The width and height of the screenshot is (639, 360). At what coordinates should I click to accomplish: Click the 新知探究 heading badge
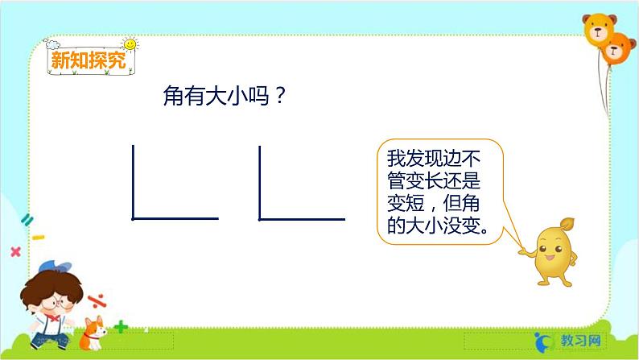pyautogui.click(x=88, y=61)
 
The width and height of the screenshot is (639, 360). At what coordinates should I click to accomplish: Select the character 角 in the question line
pyautogui.click(x=173, y=97)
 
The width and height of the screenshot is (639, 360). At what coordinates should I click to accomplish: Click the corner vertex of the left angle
pyautogui.click(x=134, y=217)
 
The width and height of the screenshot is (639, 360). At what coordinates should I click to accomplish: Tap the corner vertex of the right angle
pyautogui.click(x=260, y=217)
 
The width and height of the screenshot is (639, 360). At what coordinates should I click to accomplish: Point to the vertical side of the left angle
pyautogui.click(x=134, y=181)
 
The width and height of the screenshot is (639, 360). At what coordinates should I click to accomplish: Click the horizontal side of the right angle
pyautogui.click(x=303, y=218)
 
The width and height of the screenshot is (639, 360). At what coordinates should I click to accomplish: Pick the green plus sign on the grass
pyautogui.click(x=121, y=327)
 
